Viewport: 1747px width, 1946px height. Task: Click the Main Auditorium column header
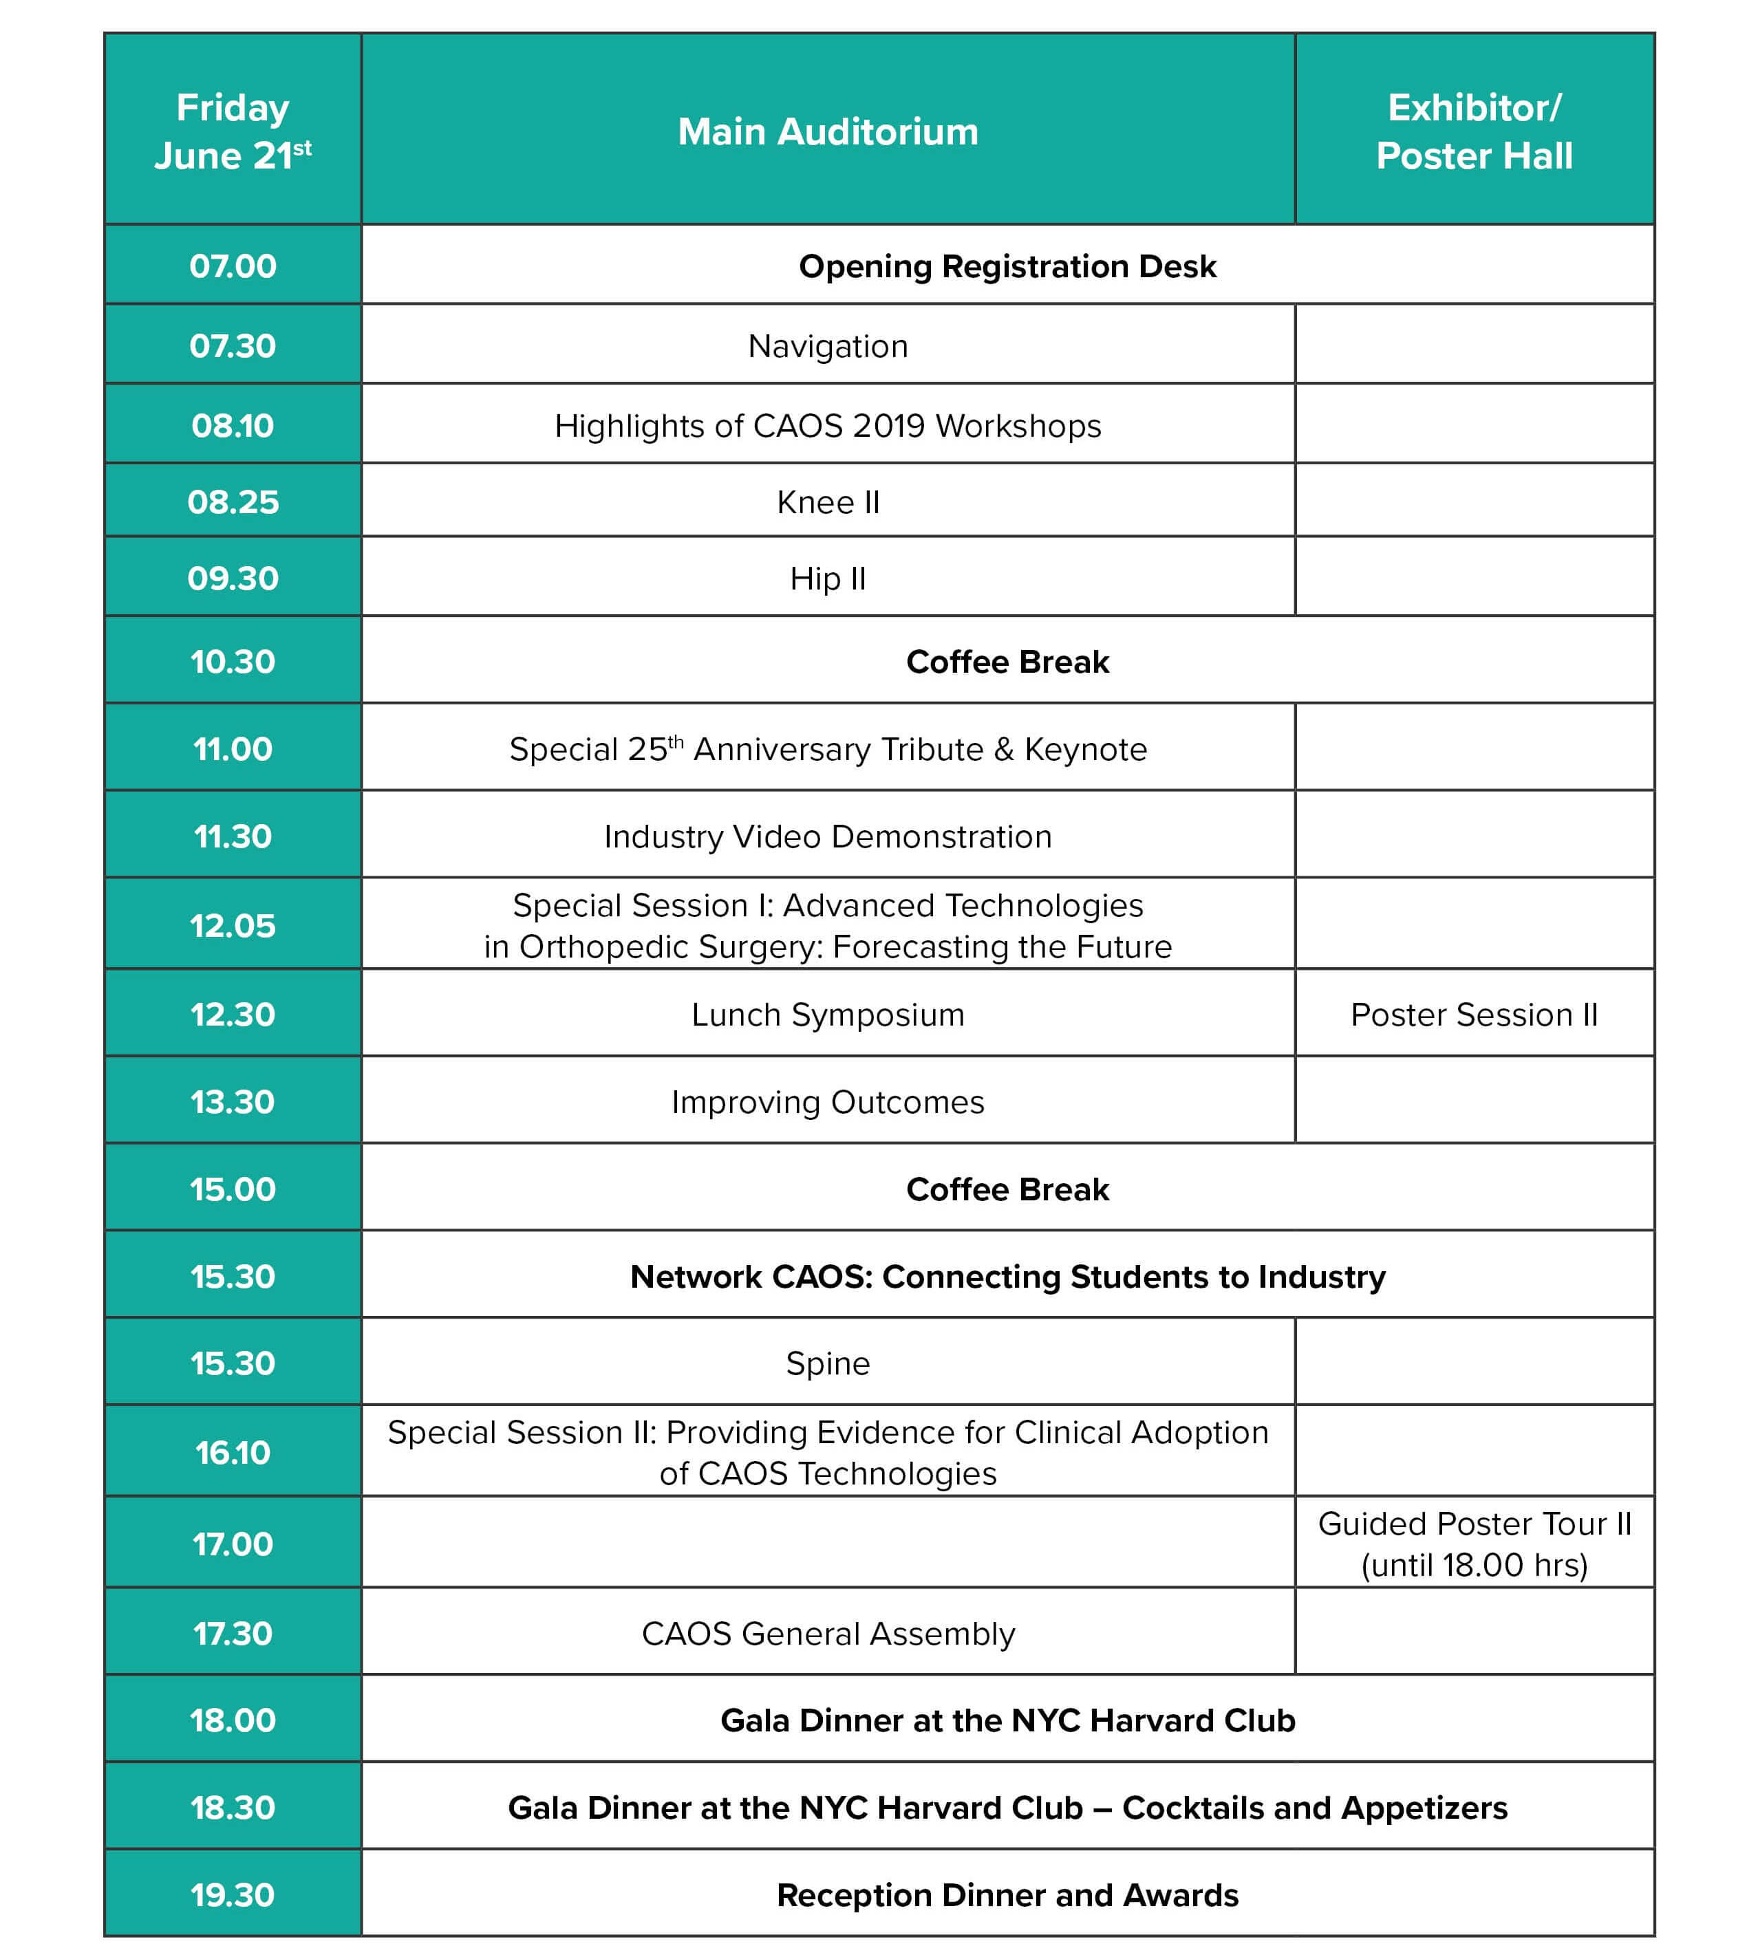pos(828,131)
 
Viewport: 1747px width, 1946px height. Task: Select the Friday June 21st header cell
pos(233,131)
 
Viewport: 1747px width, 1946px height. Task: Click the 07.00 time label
pos(233,266)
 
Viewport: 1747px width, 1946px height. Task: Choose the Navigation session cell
pos(828,345)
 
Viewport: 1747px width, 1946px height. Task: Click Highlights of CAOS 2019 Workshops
pos(828,425)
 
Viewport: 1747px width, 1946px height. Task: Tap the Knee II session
pos(828,502)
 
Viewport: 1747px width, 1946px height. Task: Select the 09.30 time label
pos(233,579)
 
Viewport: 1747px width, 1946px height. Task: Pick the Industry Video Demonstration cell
pos(828,836)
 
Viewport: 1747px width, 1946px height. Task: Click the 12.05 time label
pos(233,925)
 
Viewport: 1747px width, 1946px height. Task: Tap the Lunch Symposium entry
pos(828,1014)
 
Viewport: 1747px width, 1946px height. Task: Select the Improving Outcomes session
pos(828,1101)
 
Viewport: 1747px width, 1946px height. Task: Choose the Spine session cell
pos(828,1363)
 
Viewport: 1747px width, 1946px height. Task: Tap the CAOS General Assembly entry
pos(828,1633)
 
